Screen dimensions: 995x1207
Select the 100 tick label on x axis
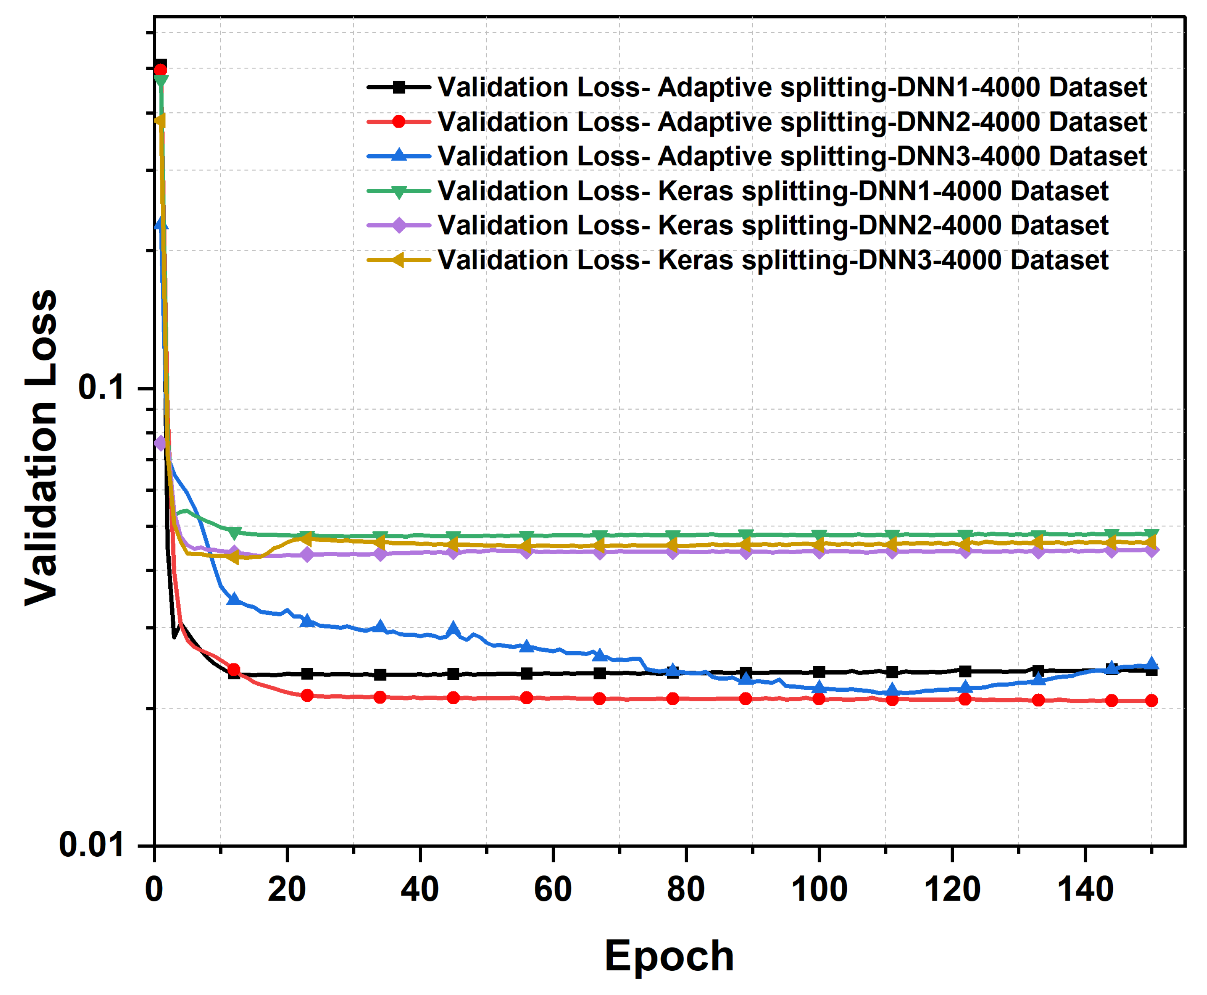819,889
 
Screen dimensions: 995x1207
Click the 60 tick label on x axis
553,889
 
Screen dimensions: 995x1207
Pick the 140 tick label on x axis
1085,889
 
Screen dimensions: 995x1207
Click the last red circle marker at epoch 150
1152,701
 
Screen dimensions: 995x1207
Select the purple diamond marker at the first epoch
161,442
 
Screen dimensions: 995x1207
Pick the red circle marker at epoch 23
307,695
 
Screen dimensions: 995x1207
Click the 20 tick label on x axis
287,889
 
